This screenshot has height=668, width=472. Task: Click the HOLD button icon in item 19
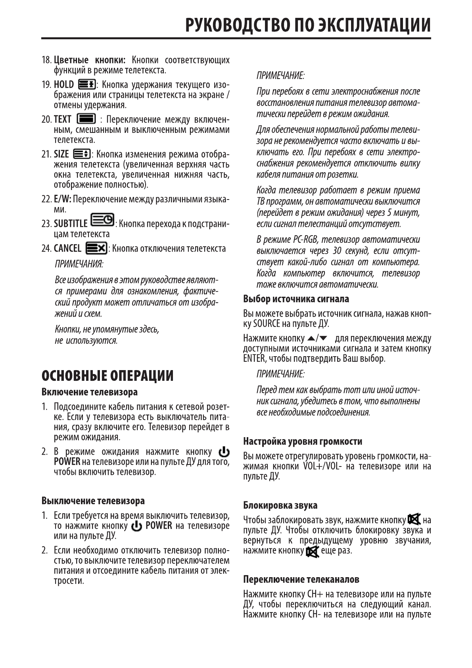tap(86, 84)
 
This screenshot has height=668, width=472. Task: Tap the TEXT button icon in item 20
tap(86, 119)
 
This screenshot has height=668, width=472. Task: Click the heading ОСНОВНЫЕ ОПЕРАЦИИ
tap(107, 375)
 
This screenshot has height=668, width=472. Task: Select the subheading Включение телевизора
tap(90, 392)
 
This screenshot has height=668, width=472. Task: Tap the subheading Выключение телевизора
tap(93, 501)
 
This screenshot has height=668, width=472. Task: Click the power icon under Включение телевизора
tap(224, 452)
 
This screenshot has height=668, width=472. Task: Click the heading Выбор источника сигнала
tap(296, 299)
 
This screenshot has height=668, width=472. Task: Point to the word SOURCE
tap(267, 324)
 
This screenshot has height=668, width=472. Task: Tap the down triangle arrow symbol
tap(323, 338)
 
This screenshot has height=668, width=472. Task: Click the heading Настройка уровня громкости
tap(302, 441)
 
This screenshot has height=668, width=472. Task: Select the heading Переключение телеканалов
tap(301, 580)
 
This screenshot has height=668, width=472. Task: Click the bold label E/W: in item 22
tap(63, 199)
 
